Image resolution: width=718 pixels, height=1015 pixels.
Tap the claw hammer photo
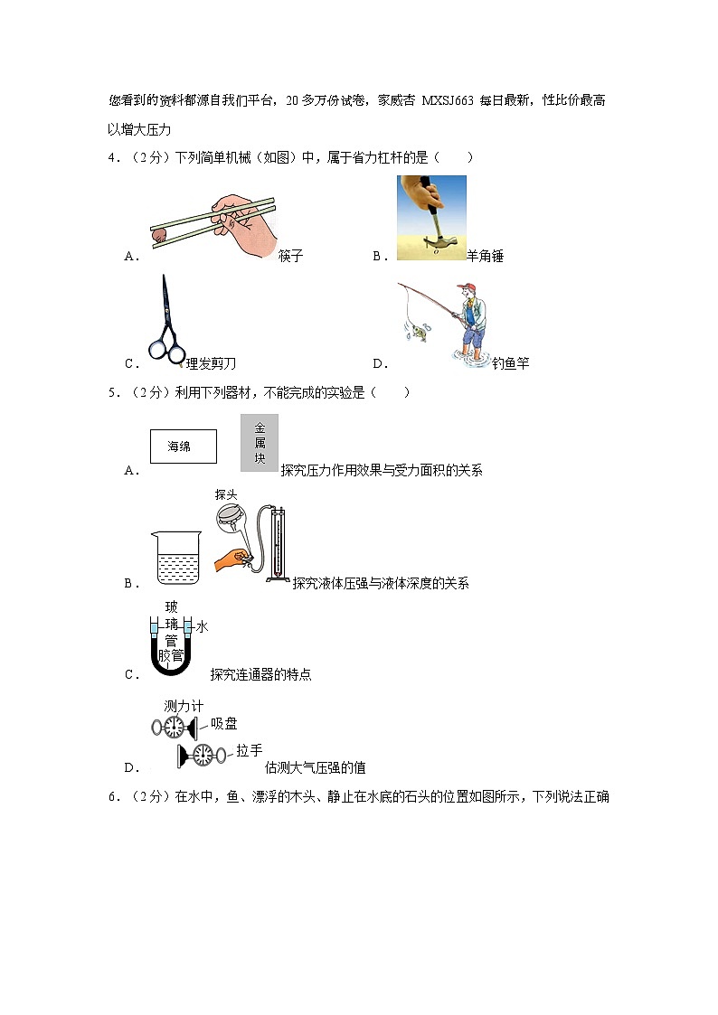(x=431, y=217)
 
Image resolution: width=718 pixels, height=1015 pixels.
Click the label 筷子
(x=290, y=257)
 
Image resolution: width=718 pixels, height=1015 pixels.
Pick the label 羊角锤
(x=485, y=257)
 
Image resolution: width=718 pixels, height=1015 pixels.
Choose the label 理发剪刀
(x=210, y=363)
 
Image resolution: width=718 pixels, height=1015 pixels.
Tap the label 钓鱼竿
(x=511, y=363)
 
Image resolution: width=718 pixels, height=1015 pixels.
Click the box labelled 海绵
(x=184, y=446)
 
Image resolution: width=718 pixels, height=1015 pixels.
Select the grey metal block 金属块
(x=260, y=443)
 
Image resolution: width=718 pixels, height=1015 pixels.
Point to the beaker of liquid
(x=176, y=559)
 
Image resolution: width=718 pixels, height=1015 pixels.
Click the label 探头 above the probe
(x=226, y=494)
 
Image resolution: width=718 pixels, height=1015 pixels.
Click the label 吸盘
(x=224, y=723)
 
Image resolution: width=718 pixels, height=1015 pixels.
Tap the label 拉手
(x=250, y=750)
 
